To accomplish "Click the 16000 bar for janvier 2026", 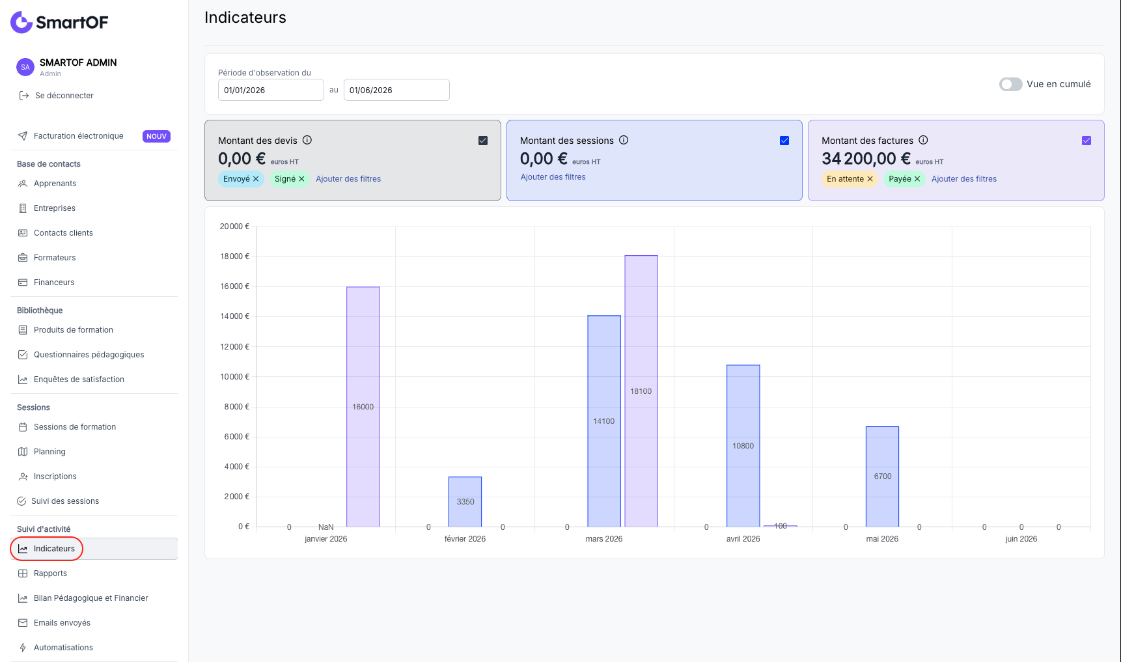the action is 363,407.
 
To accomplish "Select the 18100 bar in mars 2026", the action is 641,391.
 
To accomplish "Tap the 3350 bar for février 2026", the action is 465,502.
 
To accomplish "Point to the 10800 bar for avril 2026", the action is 743,446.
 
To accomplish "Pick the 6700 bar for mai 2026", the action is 883,476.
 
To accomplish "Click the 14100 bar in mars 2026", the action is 604,421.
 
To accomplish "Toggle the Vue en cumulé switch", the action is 1011,85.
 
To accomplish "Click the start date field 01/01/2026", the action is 271,90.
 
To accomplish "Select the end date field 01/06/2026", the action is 396,90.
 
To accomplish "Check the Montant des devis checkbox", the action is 483,141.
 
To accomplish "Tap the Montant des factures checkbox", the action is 1086,141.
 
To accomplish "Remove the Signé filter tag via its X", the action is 301,179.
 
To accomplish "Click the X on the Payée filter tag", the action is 917,179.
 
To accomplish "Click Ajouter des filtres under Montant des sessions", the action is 553,177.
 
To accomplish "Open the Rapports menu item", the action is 50,573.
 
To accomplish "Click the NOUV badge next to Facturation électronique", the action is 156,137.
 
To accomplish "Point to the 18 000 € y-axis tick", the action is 234,256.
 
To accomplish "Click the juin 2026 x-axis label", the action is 1021,539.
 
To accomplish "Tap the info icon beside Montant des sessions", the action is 624,140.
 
